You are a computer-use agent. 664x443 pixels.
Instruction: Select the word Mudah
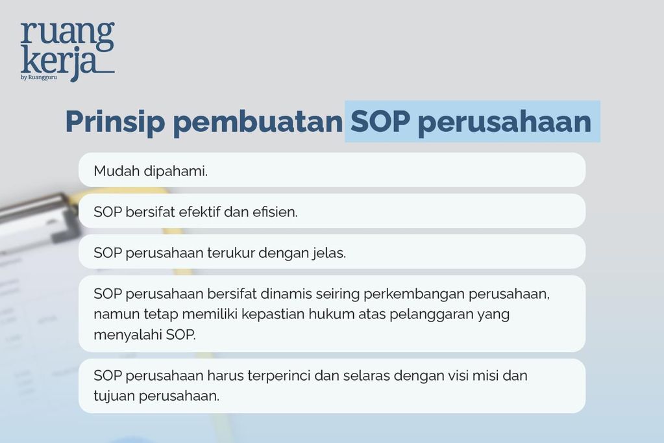114,171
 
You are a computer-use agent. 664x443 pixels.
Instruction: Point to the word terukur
231,253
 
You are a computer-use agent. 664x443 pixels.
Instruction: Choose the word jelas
328,253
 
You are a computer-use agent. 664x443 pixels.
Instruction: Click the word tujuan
113,396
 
